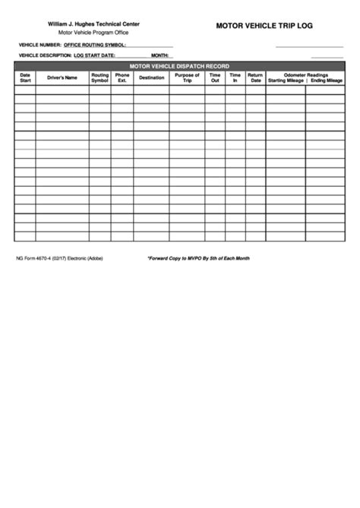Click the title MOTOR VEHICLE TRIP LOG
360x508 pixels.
(264, 25)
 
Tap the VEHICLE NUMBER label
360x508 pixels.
(39, 46)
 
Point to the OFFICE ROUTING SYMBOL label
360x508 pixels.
(94, 46)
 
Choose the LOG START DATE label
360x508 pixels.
(94, 56)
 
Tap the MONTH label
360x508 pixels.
(159, 56)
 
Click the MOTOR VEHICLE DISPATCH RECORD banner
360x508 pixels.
(180, 66)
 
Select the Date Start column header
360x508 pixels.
(25, 77)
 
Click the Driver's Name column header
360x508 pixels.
(62, 77)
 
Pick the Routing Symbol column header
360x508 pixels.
(100, 77)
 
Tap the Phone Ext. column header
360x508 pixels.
(122, 77)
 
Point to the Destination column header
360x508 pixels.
(152, 77)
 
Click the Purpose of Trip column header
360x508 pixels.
(187, 77)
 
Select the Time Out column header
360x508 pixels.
(215, 77)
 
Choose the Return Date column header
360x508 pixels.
(255, 77)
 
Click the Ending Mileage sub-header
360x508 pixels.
(327, 80)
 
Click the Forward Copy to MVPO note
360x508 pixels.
(198, 258)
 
